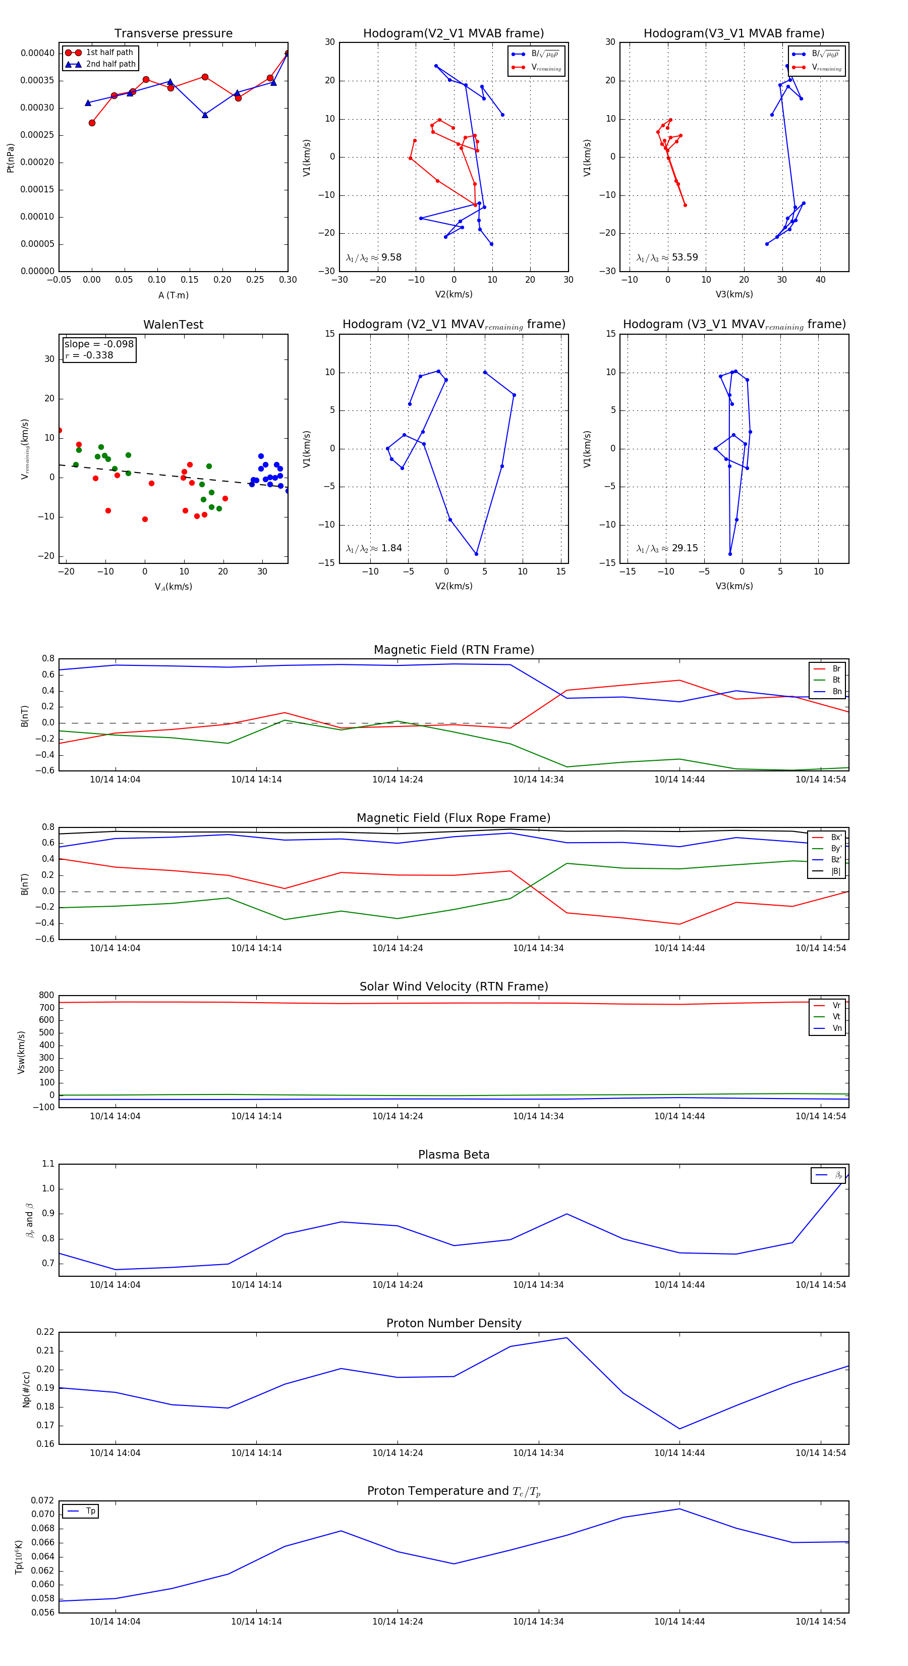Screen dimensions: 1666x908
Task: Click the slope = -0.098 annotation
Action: (x=99, y=344)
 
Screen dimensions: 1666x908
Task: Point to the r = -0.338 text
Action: (x=89, y=355)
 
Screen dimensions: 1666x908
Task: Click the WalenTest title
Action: (x=173, y=325)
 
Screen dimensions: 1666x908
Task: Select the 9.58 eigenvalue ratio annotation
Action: (x=391, y=257)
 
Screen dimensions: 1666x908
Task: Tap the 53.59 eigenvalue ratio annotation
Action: (x=685, y=257)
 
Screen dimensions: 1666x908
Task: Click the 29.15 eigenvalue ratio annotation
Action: (x=685, y=548)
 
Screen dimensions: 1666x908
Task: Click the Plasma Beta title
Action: (x=453, y=1155)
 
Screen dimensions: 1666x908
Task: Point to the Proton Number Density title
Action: (x=453, y=1323)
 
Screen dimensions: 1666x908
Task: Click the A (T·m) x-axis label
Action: (x=173, y=295)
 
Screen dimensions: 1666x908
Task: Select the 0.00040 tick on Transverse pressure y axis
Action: (x=37, y=53)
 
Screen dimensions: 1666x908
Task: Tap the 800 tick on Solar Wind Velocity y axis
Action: (x=46, y=996)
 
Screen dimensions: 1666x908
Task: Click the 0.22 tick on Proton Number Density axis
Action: (x=45, y=1332)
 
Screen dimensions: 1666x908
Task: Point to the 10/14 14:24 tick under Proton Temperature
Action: (x=398, y=1622)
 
